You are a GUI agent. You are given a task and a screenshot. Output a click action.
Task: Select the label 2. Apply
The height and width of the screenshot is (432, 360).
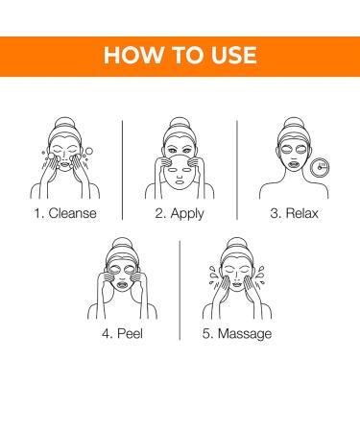(x=180, y=213)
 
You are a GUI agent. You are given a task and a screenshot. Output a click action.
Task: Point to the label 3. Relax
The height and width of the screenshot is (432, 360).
(x=297, y=213)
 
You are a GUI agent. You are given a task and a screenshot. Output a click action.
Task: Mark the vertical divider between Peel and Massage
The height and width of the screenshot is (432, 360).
(x=180, y=288)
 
